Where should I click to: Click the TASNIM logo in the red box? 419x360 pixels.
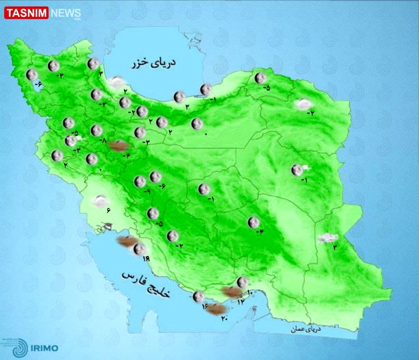pyautogui.click(x=27, y=13)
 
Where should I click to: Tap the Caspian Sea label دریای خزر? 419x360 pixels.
pyautogui.click(x=154, y=64)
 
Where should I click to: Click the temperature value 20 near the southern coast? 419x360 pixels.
pyautogui.click(x=224, y=318)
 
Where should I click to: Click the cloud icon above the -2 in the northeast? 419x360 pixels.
pyautogui.click(x=303, y=103)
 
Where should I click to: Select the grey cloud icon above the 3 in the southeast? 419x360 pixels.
pyautogui.click(x=328, y=238)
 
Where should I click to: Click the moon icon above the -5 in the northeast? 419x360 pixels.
pyautogui.click(x=260, y=78)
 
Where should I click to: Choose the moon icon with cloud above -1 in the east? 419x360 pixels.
pyautogui.click(x=298, y=170)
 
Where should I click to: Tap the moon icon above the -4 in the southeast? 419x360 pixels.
pyautogui.click(x=253, y=222)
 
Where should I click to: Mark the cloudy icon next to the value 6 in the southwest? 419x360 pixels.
pyautogui.click(x=101, y=201)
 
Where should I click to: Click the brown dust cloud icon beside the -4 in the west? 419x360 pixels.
pyautogui.click(x=118, y=146)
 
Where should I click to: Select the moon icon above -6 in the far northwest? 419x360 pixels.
pyautogui.click(x=32, y=74)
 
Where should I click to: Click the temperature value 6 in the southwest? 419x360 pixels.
pyautogui.click(x=108, y=210)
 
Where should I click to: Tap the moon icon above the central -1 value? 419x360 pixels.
pyautogui.click(x=204, y=189)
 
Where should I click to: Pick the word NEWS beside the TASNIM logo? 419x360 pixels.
pyautogui.click(x=66, y=14)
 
